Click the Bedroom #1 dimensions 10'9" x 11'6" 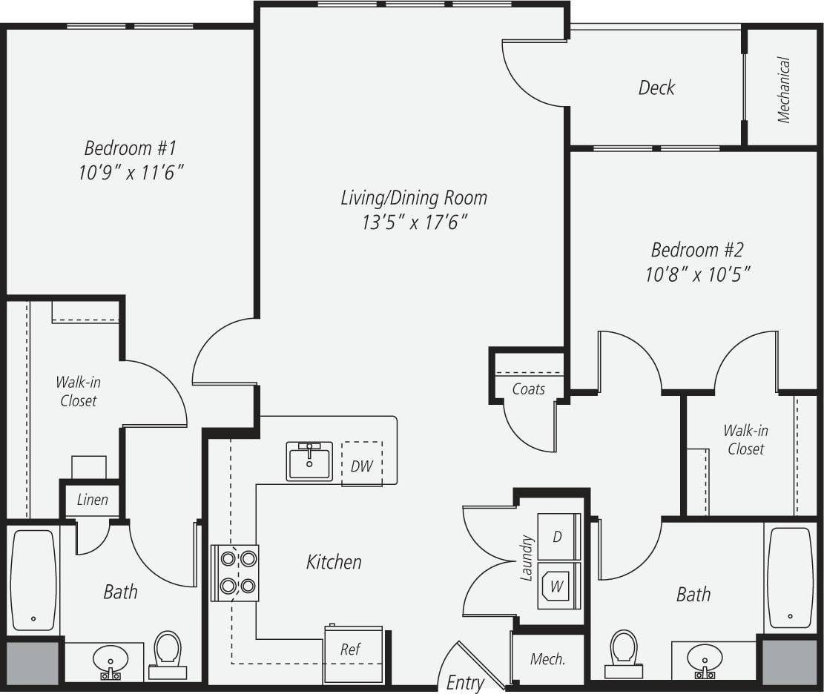click(x=130, y=173)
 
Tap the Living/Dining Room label click(x=414, y=198)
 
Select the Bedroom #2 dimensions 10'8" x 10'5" click(x=698, y=275)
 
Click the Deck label click(x=656, y=88)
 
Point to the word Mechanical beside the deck click(x=783, y=90)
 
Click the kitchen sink click(x=309, y=461)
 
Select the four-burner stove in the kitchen click(x=235, y=572)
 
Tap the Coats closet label click(x=528, y=389)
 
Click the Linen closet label click(x=92, y=500)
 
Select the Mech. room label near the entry click(x=547, y=659)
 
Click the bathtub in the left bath click(x=33, y=578)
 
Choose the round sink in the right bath click(x=704, y=657)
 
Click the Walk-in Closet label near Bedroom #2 click(x=745, y=440)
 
